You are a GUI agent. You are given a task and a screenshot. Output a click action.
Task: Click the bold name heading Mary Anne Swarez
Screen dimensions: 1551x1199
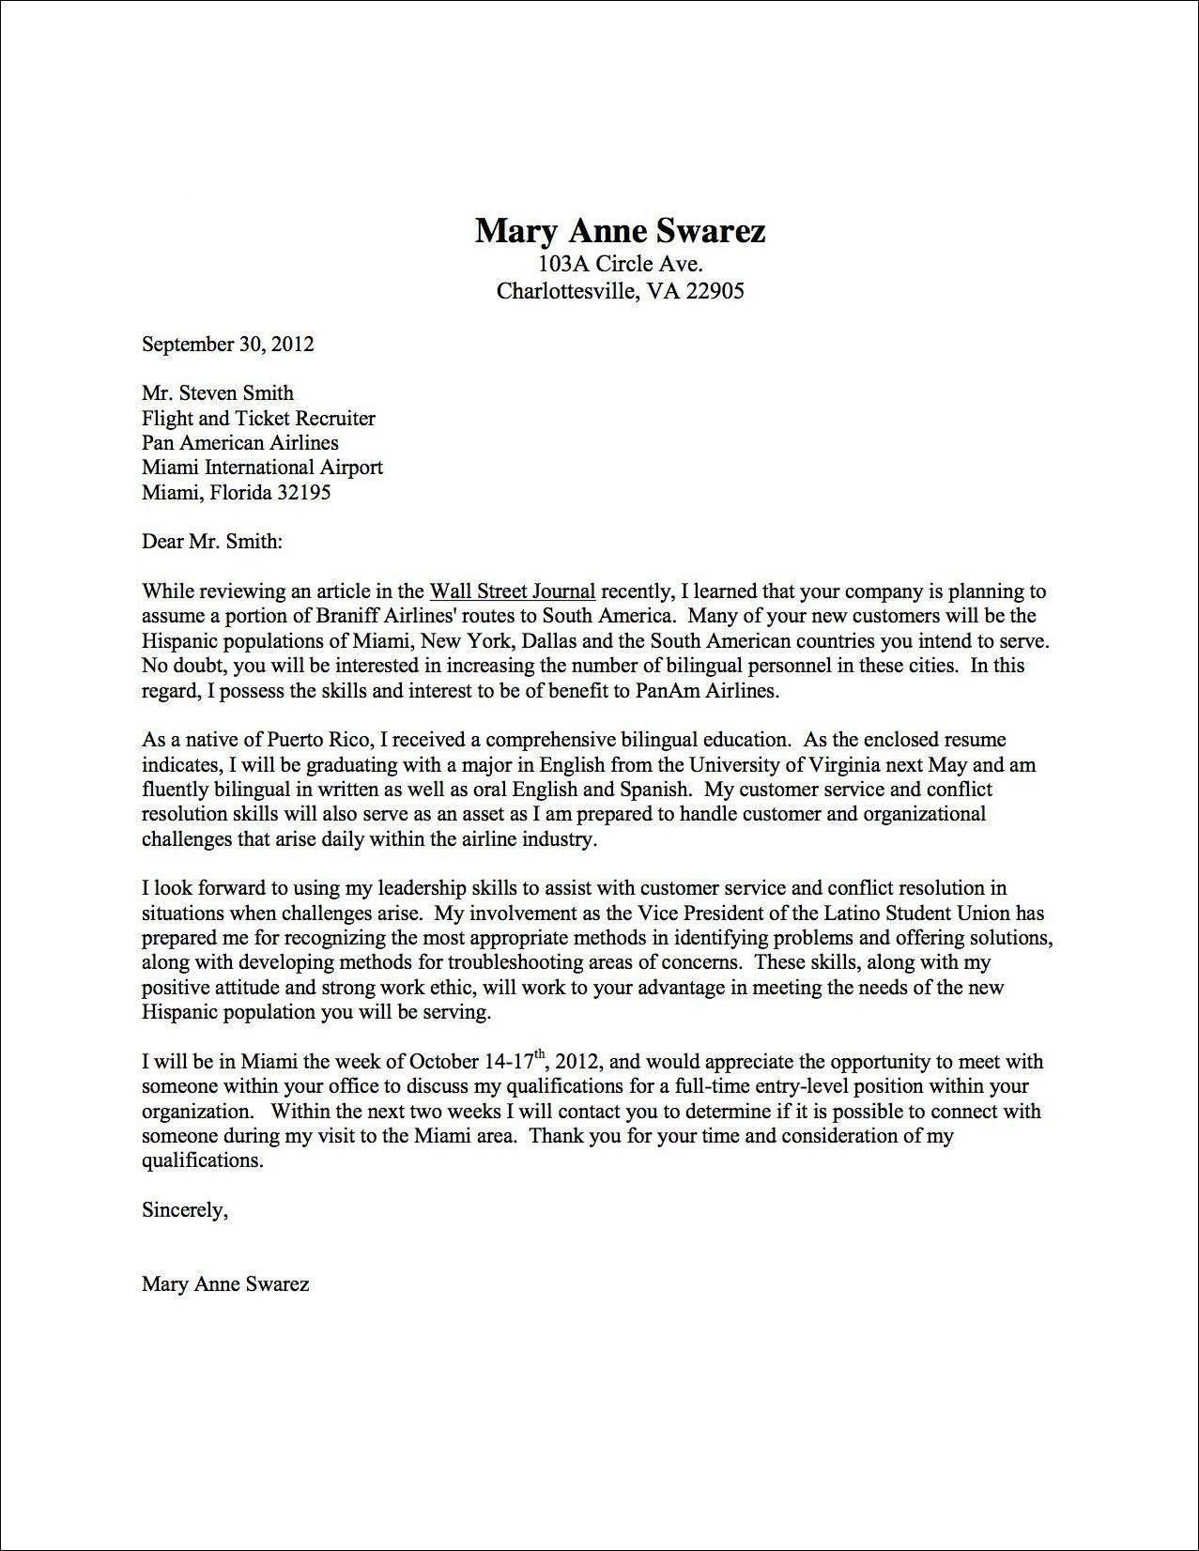(x=620, y=230)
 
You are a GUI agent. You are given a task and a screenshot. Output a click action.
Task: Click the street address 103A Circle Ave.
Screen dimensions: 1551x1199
(x=620, y=264)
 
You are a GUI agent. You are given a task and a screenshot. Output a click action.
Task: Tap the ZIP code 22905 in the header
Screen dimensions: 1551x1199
(x=715, y=291)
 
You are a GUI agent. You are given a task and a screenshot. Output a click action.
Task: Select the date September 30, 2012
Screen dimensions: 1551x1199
(x=227, y=344)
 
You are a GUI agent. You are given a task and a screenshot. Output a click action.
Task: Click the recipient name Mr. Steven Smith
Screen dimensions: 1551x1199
(x=217, y=393)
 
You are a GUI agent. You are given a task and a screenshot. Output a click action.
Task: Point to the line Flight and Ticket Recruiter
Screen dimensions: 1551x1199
(x=258, y=419)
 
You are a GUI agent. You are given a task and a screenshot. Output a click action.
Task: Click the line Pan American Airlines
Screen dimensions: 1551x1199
(x=239, y=443)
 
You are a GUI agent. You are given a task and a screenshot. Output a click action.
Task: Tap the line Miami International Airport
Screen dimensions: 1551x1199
(x=262, y=468)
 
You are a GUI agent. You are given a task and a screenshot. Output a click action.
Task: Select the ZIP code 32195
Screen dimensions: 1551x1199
(x=302, y=492)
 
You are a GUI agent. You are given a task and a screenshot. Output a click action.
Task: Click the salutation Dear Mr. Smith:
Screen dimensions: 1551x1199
(x=211, y=542)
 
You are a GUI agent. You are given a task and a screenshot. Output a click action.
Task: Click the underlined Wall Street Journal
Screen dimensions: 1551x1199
(x=512, y=591)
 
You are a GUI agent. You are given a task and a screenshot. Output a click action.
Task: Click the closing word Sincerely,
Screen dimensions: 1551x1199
(x=185, y=1210)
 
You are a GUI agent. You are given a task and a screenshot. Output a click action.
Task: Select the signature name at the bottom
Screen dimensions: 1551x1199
(x=225, y=1284)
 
